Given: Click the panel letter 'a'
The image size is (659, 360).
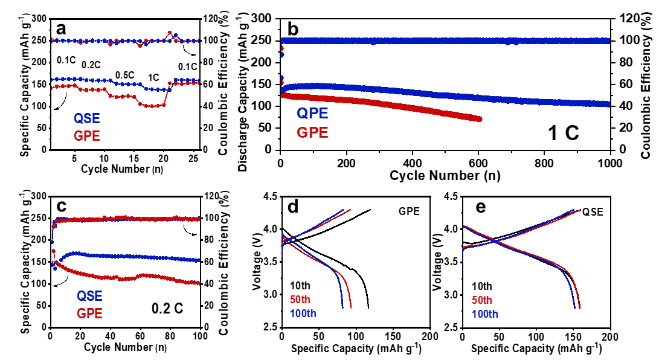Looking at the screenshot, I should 61,28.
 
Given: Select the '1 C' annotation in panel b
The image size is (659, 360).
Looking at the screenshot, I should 562,132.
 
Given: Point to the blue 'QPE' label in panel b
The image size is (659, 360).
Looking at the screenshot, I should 312,113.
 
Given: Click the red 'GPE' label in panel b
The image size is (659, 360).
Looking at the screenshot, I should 312,132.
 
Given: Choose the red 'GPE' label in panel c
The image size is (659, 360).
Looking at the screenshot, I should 89,313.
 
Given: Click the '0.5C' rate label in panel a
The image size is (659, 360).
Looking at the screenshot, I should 125,76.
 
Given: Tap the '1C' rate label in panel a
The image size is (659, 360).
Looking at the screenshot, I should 154,78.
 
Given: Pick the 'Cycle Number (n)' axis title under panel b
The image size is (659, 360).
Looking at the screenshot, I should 444,176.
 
